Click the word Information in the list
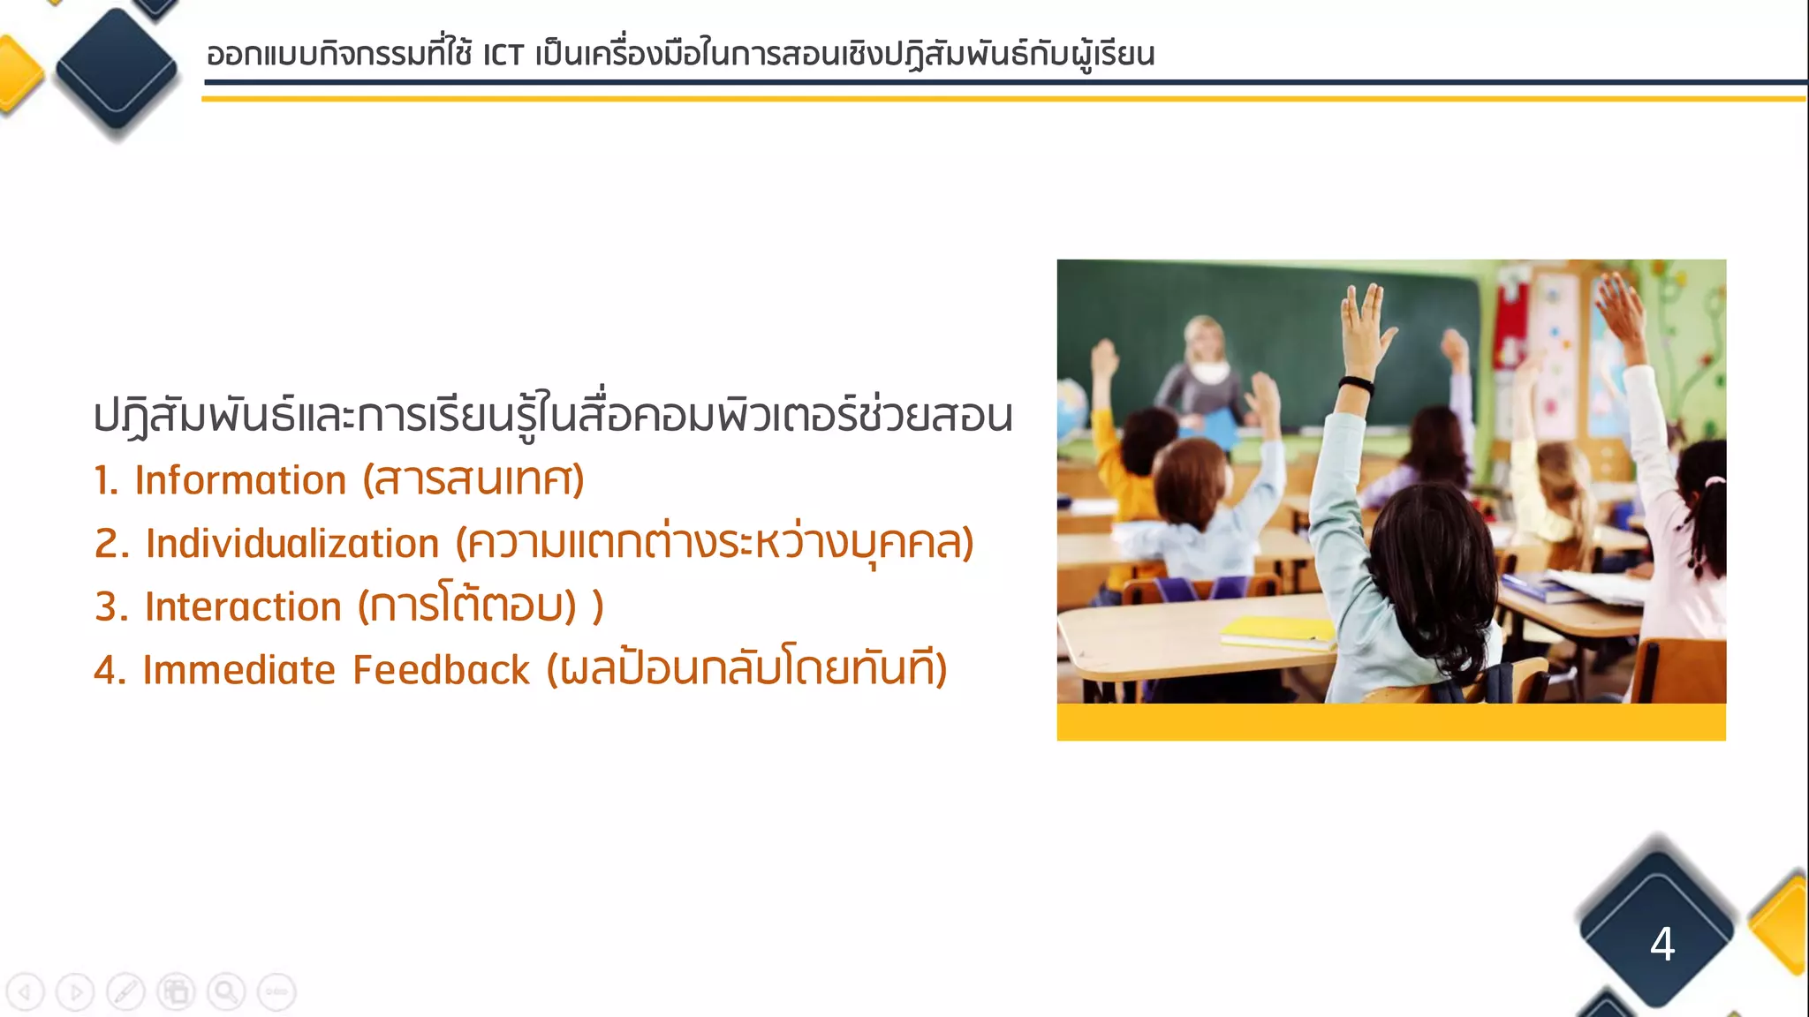tap(240, 481)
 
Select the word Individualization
tap(292, 544)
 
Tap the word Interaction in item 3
tap(243, 607)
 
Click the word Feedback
tap(441, 670)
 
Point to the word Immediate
tap(238, 670)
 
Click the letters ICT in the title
tap(503, 56)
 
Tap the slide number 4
tap(1661, 944)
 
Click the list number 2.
tap(111, 544)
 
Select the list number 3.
tap(111, 607)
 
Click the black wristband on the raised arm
tap(1355, 385)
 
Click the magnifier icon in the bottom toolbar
tap(226, 992)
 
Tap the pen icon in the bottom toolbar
tap(125, 992)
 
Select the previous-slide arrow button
tap(25, 992)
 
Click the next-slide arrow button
tap(75, 992)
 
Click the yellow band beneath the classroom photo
tap(1391, 722)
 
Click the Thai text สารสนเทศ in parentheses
tap(474, 481)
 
